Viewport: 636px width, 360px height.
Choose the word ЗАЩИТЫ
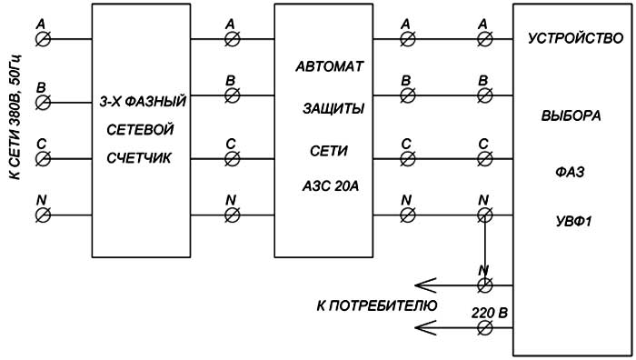tap(333, 108)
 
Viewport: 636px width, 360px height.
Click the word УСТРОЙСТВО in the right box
tap(569, 40)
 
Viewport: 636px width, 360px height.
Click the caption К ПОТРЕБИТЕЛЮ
tap(377, 305)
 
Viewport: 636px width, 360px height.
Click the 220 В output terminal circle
tap(485, 332)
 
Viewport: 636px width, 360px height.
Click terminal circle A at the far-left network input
tap(42, 39)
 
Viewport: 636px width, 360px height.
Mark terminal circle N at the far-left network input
tap(42, 215)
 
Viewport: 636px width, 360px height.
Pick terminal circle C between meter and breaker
tap(232, 156)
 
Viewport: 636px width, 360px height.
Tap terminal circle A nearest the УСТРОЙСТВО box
tap(485, 39)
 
